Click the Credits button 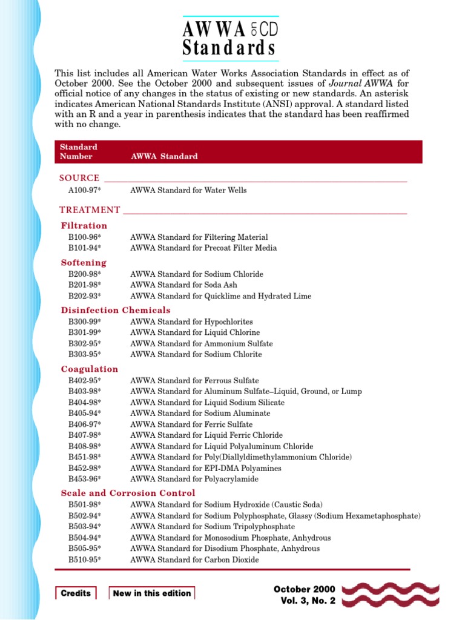point(76,593)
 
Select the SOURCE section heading point(79,178)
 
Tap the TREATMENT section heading point(90,210)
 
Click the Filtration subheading point(84,226)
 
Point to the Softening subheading point(84,263)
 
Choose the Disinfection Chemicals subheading point(116,311)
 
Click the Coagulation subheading point(90,369)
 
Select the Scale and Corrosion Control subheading point(128,493)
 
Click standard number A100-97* point(85,190)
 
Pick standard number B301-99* point(85,332)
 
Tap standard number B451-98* point(85,457)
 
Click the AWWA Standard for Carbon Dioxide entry point(194,560)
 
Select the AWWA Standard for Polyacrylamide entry point(194,479)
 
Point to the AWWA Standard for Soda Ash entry point(183,285)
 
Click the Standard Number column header point(78,152)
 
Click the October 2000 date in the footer point(304,589)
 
